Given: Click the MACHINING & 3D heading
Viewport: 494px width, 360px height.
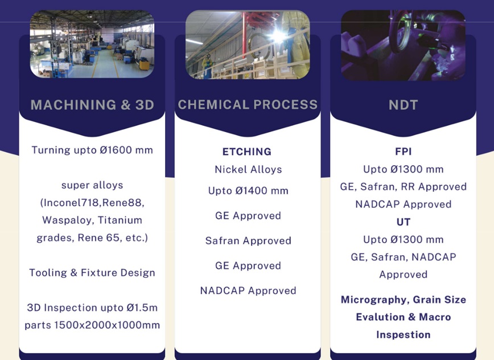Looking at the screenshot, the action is pos(92,105).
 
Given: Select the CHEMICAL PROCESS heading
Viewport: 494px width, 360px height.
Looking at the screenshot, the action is pos(248,105).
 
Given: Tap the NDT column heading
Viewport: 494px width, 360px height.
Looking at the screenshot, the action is pos(404,105).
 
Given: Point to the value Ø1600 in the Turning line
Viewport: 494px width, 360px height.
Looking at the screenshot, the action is pos(116,150).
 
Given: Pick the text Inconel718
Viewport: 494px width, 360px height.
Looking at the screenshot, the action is pos(72,202).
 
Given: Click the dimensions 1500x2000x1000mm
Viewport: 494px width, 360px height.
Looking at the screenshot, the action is pos(107,325).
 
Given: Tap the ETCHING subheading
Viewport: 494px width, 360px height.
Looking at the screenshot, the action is pos(247,152).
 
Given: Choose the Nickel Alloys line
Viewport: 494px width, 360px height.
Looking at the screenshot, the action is pos(248,170).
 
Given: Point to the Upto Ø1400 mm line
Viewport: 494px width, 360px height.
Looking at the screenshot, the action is pos(248,191).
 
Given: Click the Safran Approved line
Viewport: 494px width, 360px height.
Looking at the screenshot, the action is pos(248,241).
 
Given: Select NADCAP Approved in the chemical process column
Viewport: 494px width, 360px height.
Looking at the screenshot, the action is pos(248,291).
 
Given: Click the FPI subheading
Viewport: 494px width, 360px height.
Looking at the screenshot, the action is pos(404,152).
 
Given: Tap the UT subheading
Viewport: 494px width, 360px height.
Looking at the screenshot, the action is pos(404,222).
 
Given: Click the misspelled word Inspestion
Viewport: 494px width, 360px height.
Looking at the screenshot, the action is pos(404,334).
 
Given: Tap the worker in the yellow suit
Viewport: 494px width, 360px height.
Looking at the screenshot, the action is pos(207,66).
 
